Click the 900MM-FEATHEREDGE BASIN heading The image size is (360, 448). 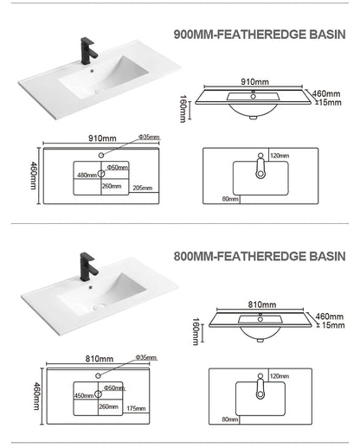[260, 35]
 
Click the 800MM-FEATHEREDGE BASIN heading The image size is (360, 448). [260, 256]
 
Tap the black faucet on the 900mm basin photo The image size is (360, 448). [88, 51]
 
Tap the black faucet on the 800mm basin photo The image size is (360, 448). [88, 267]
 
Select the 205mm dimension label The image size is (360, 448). [143, 188]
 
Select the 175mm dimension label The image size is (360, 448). [136, 408]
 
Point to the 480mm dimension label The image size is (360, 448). [87, 175]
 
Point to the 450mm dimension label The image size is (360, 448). [84, 395]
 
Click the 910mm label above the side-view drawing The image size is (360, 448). [254, 81]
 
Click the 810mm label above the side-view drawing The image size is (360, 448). [262, 304]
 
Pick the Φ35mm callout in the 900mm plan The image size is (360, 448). [149, 137]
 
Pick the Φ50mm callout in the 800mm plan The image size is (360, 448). [114, 387]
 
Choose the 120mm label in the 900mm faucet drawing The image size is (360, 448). [280, 156]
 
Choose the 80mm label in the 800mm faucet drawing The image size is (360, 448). [230, 419]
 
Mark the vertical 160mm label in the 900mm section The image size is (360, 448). [183, 109]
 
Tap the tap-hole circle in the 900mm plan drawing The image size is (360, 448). [101, 155]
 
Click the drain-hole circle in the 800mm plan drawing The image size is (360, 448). [98, 394]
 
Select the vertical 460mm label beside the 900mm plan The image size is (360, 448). [34, 176]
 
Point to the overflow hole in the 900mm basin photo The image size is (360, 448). [92, 70]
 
